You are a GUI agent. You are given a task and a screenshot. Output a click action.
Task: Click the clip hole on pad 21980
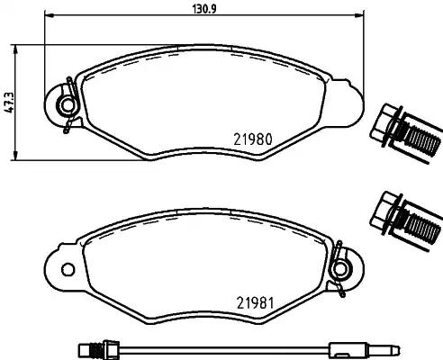(64, 107)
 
